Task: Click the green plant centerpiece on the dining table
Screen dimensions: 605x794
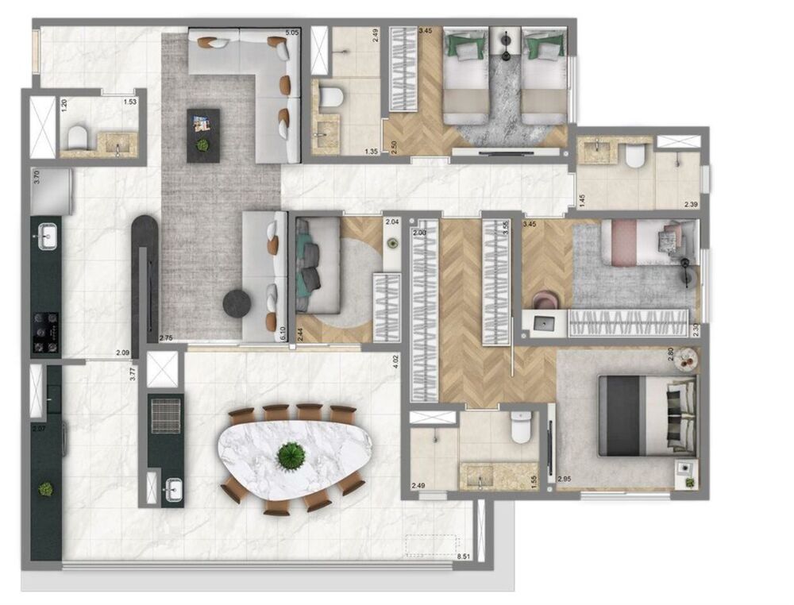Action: click(291, 455)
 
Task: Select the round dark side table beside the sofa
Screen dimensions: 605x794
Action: click(236, 302)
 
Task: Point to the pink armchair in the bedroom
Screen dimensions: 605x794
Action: click(545, 300)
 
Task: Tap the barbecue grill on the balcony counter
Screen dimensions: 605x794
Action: click(165, 413)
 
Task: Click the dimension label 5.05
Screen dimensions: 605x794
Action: click(291, 33)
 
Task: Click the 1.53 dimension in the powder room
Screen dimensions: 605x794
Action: click(129, 101)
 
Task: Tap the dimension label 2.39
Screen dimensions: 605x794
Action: click(692, 205)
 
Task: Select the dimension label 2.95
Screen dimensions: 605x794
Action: click(565, 479)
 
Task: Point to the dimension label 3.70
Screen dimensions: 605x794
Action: click(36, 176)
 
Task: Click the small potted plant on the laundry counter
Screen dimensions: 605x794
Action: click(46, 489)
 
